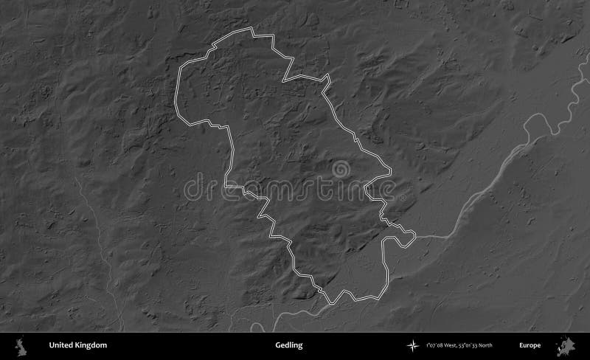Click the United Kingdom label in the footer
coord(77,345)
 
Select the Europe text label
coord(530,345)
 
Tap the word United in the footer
coord(60,345)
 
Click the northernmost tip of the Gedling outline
coord(251,30)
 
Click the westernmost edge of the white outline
coord(176,96)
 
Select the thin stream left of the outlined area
coord(96,221)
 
